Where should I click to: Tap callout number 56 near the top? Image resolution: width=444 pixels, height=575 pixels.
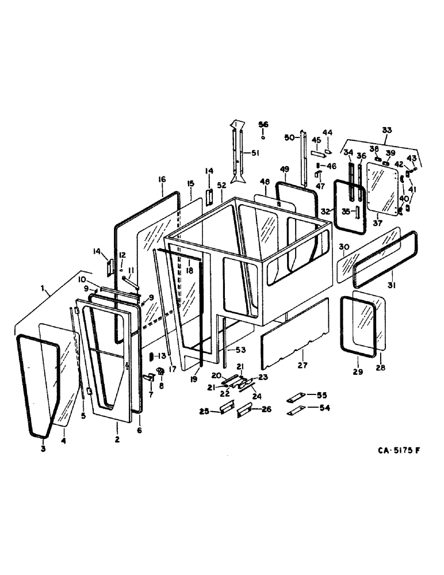coord(263,125)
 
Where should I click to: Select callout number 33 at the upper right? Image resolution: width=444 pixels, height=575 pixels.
coord(386,130)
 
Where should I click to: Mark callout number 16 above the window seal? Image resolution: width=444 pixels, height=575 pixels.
coord(163,179)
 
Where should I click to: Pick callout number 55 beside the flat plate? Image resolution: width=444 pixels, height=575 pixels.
coord(321,395)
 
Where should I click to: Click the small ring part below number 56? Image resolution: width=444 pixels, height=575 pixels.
coord(263,138)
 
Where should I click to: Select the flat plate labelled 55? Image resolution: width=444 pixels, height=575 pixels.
coord(297,396)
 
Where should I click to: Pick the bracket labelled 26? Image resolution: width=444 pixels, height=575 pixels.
coord(244,409)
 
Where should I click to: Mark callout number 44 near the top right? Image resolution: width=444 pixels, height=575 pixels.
coord(327,133)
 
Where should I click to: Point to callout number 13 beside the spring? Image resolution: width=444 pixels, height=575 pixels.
coord(162,356)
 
